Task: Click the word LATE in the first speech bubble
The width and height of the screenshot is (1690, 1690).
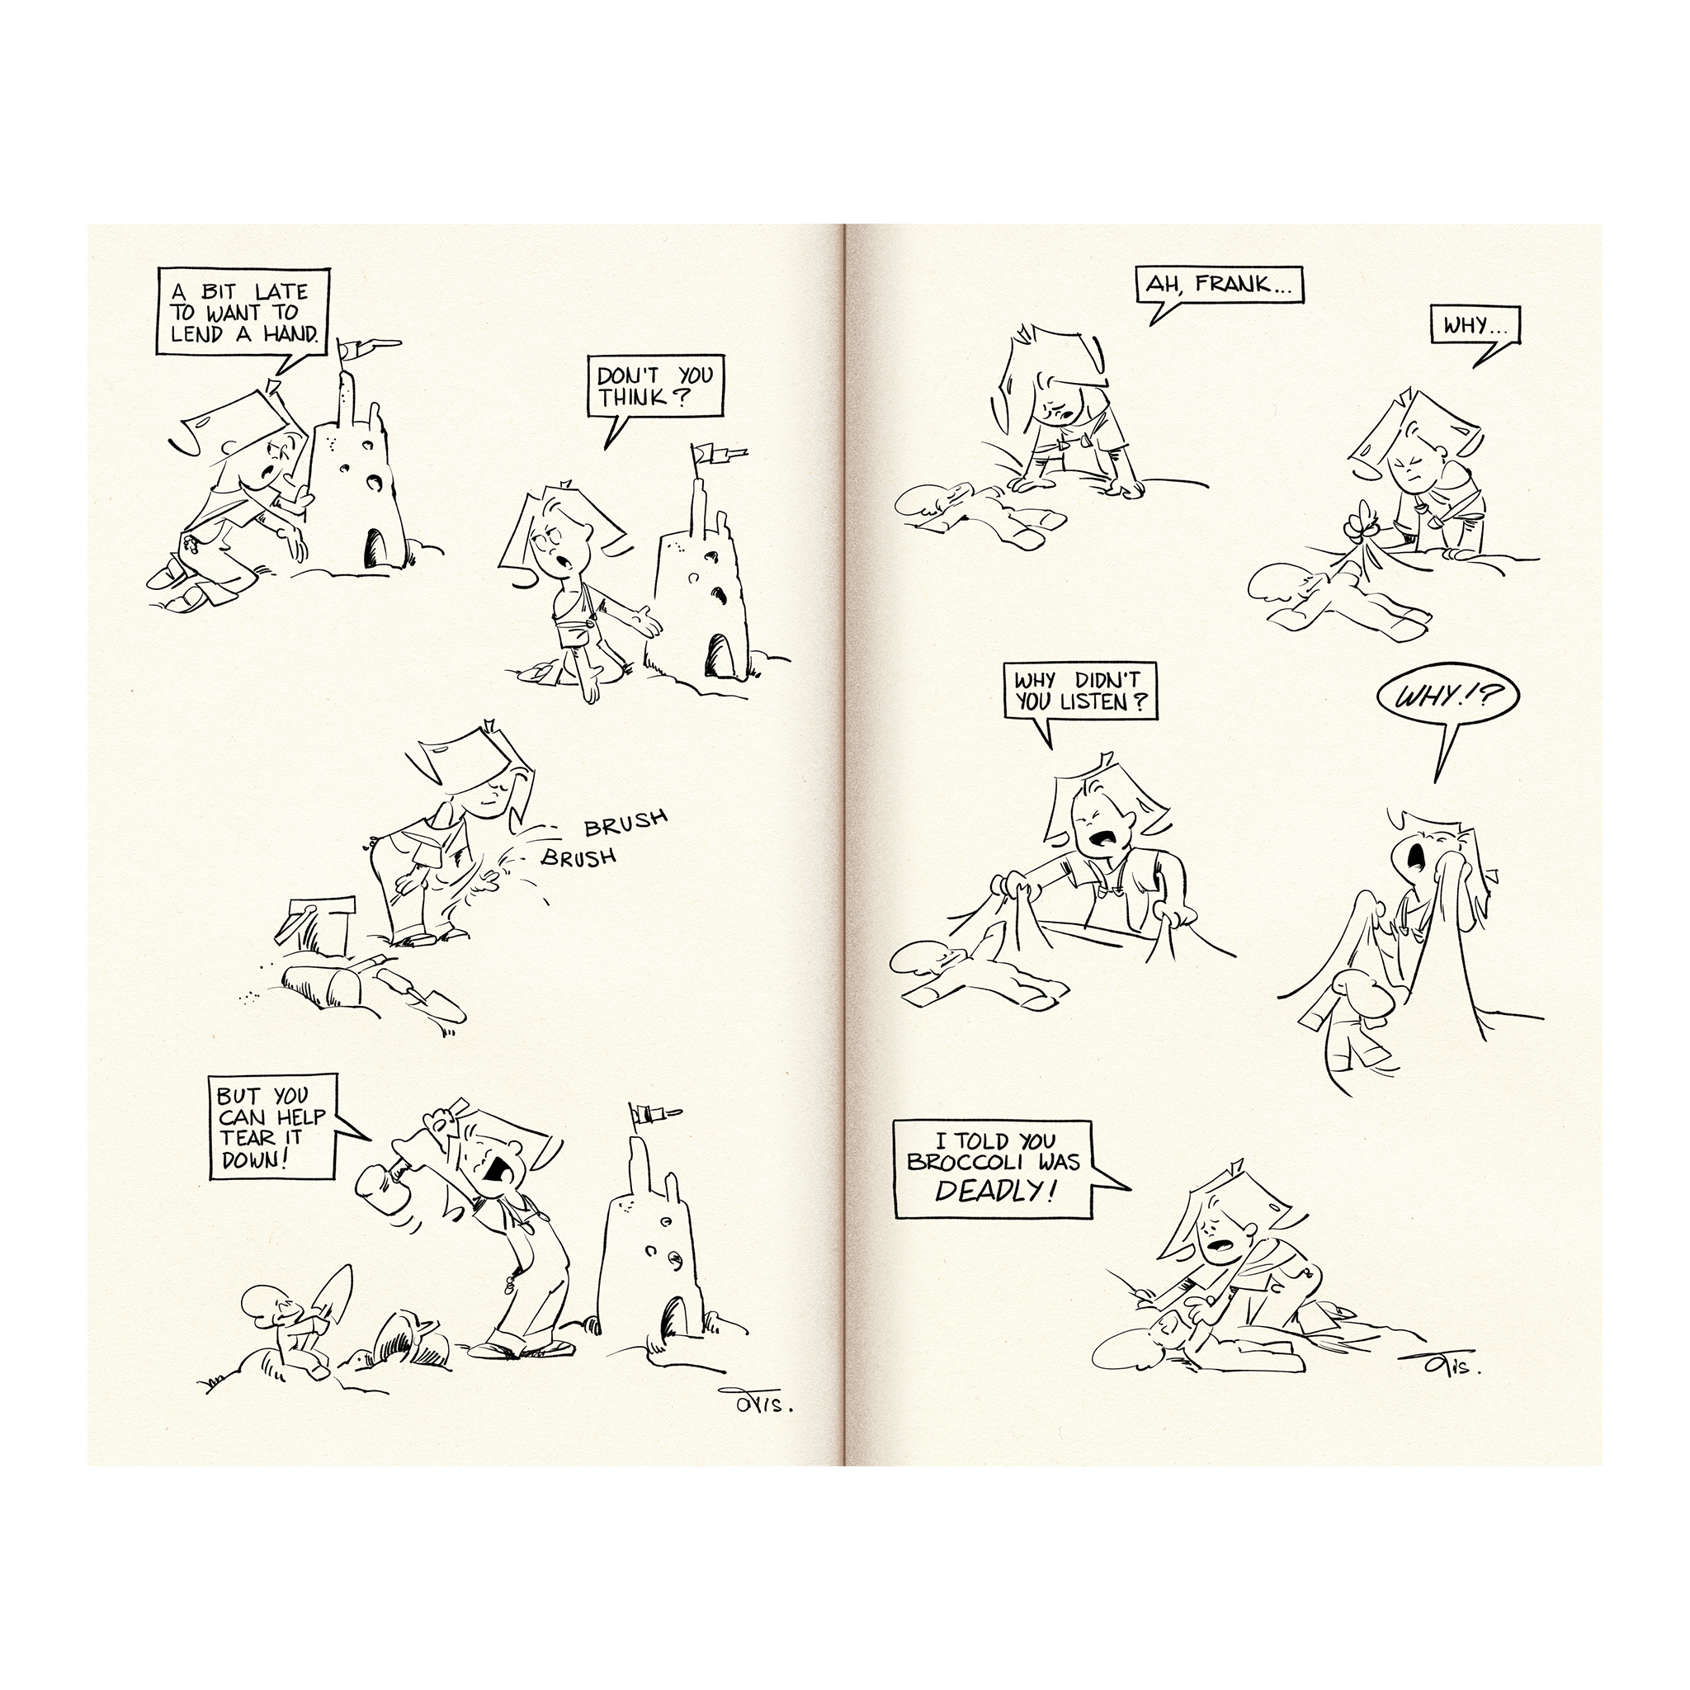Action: click(281, 292)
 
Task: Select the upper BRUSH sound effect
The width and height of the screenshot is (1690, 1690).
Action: click(625, 822)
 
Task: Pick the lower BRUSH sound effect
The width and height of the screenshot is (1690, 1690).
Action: click(578, 857)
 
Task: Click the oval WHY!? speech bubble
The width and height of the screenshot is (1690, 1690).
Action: click(1447, 696)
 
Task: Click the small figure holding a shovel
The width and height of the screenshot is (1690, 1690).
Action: click(285, 1330)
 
